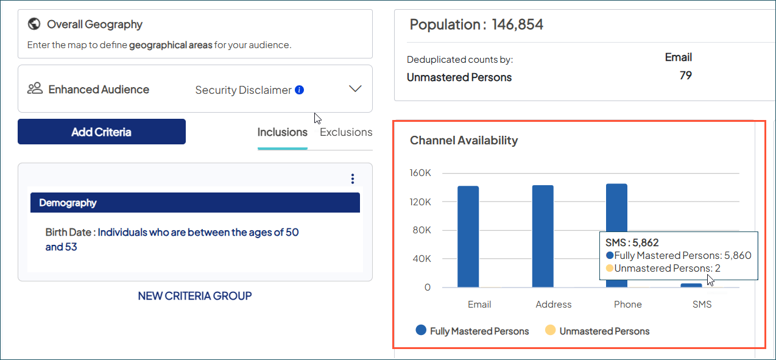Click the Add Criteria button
[101, 132]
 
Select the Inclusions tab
[282, 132]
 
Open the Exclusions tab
[346, 132]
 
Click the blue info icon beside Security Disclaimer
[299, 90]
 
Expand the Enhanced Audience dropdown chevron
[355, 89]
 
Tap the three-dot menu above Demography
[353, 178]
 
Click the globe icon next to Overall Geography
[34, 24]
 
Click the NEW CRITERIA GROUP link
[195, 296]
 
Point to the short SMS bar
[691, 285]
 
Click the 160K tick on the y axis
[420, 173]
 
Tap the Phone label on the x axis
[628, 305]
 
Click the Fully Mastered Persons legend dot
[421, 331]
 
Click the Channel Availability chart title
[464, 141]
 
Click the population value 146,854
[517, 25]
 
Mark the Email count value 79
[685, 76]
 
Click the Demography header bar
[195, 203]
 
